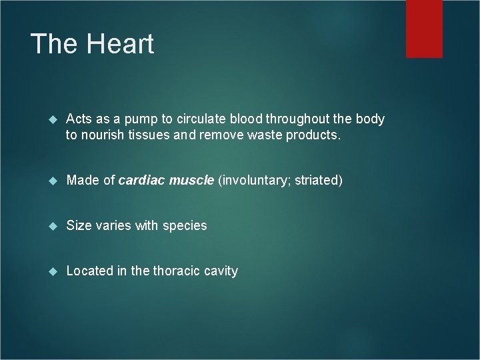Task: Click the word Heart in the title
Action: click(x=121, y=44)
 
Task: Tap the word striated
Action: click(x=317, y=181)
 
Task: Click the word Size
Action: click(x=78, y=225)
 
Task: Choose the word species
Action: click(x=183, y=226)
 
